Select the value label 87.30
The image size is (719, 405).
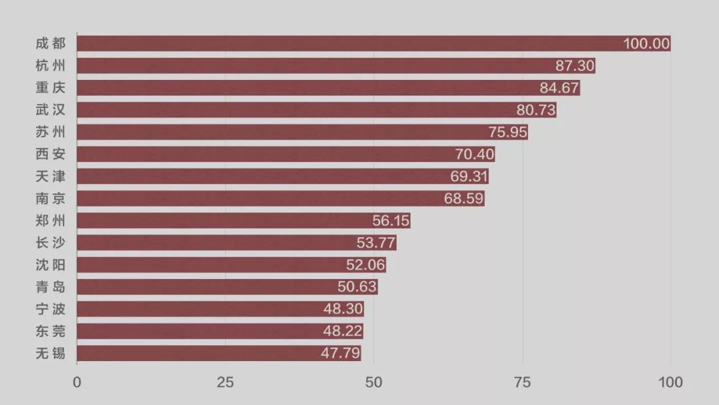575,66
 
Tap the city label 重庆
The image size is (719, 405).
51,88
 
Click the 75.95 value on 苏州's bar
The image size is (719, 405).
507,132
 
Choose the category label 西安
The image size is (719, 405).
51,155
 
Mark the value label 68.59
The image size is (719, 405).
464,199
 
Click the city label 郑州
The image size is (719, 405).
51,220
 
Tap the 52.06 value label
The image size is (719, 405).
365,265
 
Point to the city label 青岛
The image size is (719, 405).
51,287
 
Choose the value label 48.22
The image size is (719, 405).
342,331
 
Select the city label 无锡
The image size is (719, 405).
51,353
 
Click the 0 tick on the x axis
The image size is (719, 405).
77,382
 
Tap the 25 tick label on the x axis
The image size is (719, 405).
226,382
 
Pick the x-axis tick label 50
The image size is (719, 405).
374,382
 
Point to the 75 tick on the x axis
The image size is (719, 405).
523,382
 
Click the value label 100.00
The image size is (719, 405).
646,44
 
